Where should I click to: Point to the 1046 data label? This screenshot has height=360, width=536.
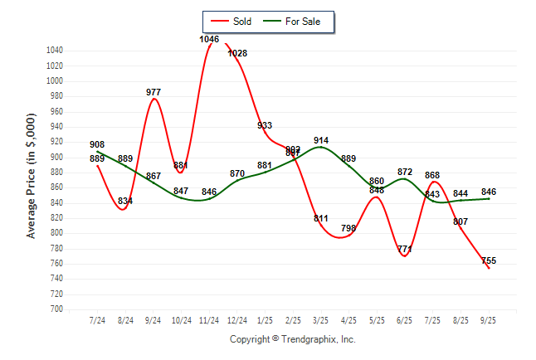click(x=209, y=39)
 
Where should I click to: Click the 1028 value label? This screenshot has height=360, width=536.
click(x=237, y=53)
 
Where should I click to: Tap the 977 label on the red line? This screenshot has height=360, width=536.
click(x=153, y=92)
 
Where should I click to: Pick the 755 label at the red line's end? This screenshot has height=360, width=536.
click(x=489, y=260)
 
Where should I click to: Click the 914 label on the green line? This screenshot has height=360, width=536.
click(x=321, y=140)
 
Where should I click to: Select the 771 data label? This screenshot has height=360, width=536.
click(x=405, y=249)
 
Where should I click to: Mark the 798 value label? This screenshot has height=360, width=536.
click(x=349, y=228)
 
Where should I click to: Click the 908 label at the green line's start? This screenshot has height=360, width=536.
click(x=97, y=144)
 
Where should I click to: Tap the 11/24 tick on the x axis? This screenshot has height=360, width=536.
click(x=209, y=319)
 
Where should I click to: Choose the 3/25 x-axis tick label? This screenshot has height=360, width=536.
click(x=321, y=319)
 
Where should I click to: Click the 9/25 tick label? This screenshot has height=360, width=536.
click(x=489, y=319)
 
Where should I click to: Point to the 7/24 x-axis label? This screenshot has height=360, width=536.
click(x=97, y=319)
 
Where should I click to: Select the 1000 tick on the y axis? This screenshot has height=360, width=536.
click(x=56, y=81)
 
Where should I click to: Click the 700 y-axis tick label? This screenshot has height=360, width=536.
click(x=57, y=309)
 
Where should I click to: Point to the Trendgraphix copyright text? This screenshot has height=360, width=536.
click(x=292, y=339)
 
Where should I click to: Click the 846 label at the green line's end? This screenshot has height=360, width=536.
click(x=489, y=192)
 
